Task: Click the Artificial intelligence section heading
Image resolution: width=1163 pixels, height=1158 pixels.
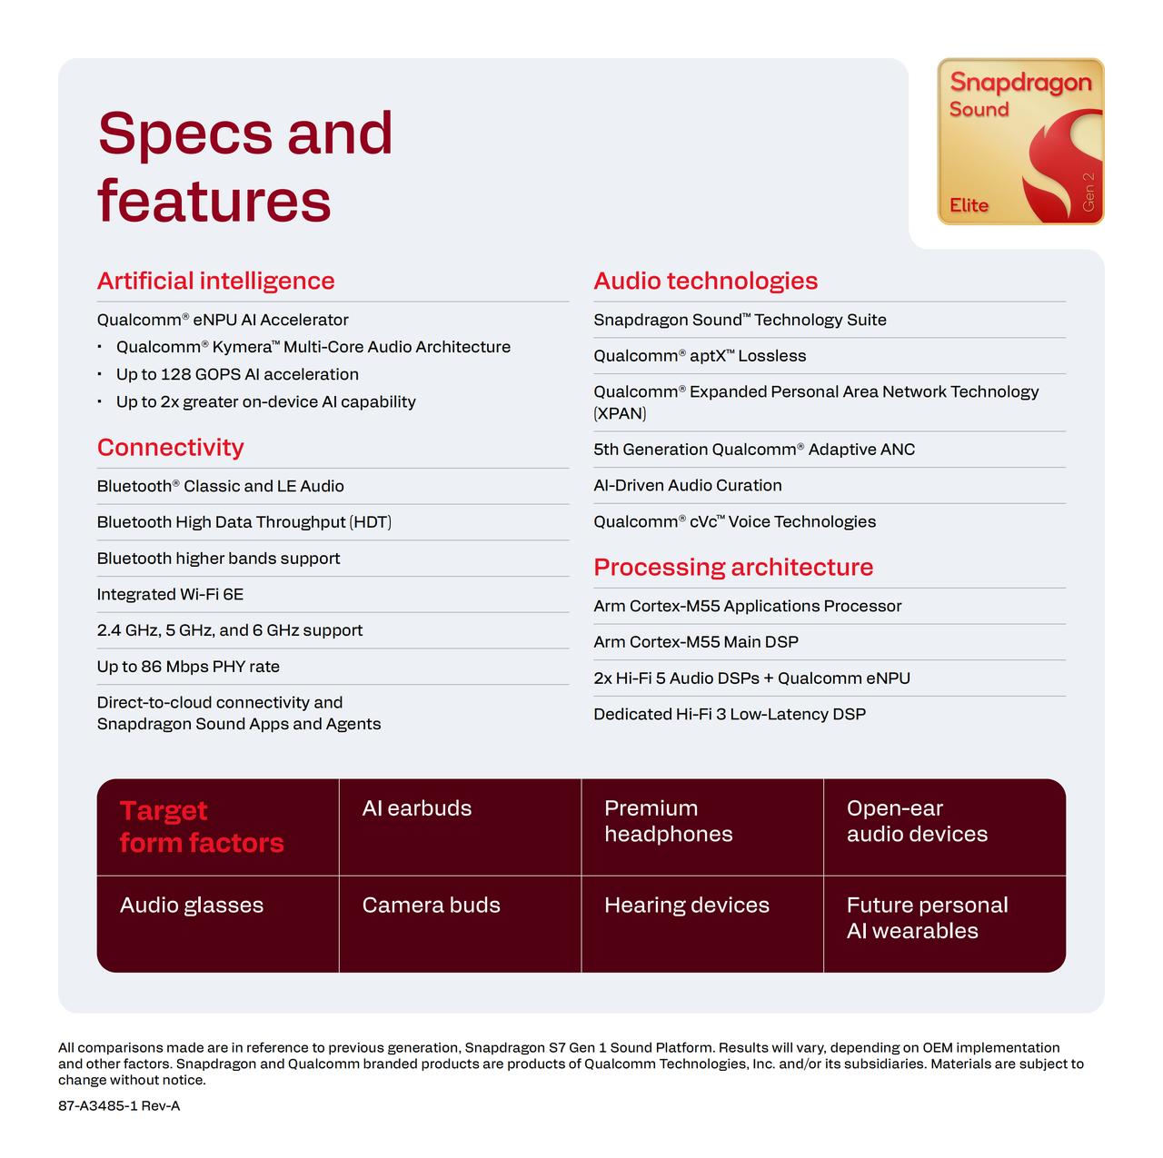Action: (215, 282)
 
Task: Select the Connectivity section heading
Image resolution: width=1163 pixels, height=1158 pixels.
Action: (170, 447)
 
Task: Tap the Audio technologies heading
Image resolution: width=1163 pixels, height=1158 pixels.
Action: (705, 282)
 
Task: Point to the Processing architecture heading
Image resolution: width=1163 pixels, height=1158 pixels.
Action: (732, 568)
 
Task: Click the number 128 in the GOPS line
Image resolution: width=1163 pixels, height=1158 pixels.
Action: (175, 375)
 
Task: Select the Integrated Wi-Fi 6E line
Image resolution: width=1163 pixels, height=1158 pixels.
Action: (170, 594)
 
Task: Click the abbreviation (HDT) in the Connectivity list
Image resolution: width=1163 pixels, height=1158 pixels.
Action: (371, 522)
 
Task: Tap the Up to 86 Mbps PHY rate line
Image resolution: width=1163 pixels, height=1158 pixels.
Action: (188, 667)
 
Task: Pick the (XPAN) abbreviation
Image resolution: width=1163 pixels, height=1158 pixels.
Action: (620, 414)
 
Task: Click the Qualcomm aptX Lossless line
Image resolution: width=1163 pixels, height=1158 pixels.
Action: (700, 356)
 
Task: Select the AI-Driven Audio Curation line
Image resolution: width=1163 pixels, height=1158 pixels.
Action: (688, 486)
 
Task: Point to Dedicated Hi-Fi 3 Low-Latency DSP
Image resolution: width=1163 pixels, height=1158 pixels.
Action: (729, 715)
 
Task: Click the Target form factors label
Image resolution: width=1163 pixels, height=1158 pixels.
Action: (202, 826)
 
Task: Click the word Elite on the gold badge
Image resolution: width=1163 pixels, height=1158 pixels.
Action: (969, 205)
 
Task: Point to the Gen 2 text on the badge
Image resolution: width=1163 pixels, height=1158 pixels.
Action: (1088, 192)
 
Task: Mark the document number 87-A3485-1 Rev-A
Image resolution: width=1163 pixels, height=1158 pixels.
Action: (119, 1105)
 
